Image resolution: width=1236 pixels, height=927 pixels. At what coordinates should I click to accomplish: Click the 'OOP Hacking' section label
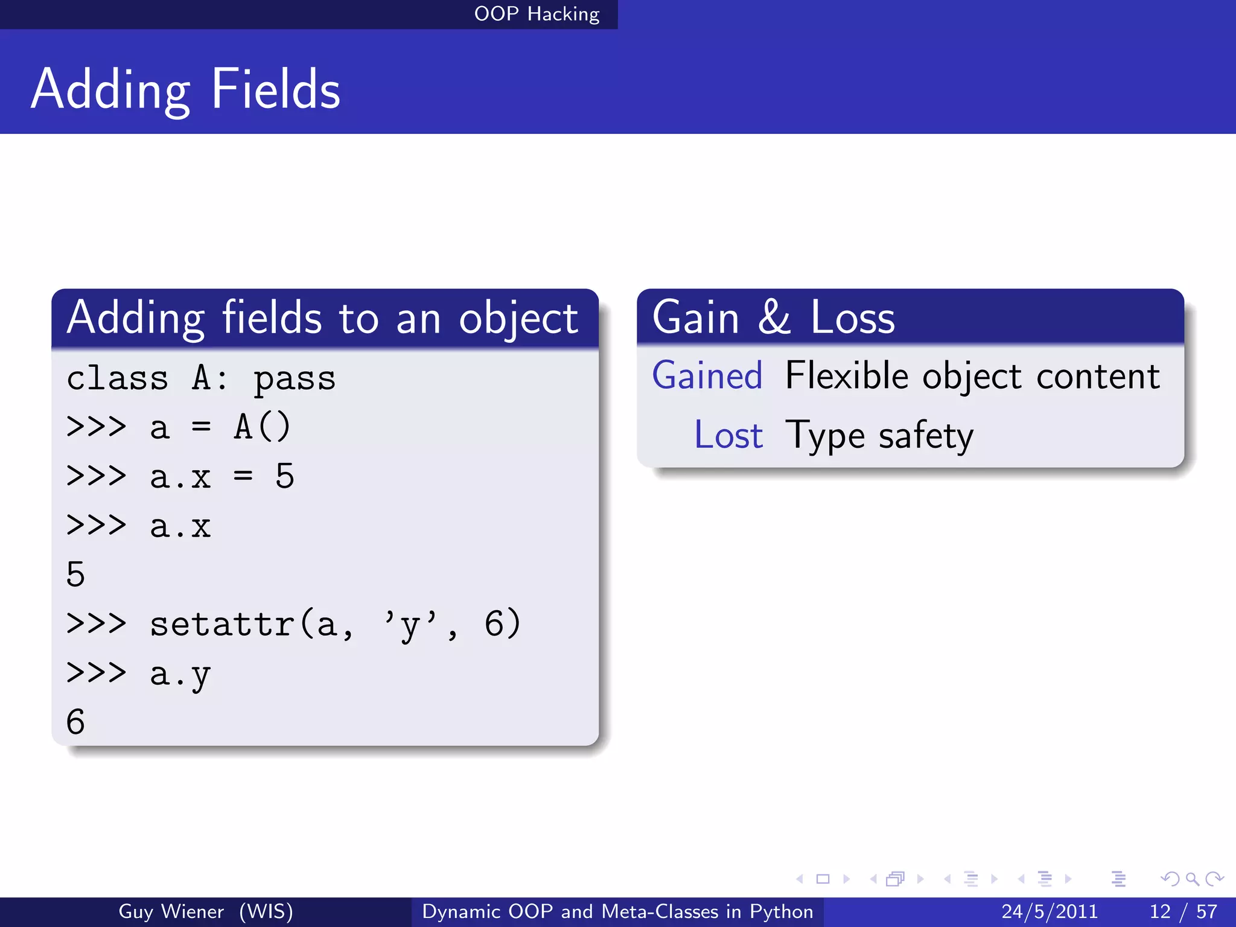pyautogui.click(x=537, y=14)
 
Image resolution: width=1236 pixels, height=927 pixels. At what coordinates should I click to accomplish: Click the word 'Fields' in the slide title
pyautogui.click(x=276, y=89)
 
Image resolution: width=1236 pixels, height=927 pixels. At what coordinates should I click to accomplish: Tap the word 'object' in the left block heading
pyautogui.click(x=518, y=319)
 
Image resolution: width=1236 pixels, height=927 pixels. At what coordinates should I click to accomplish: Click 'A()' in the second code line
pyautogui.click(x=263, y=427)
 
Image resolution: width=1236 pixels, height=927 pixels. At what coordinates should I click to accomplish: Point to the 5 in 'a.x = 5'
pyautogui.click(x=284, y=476)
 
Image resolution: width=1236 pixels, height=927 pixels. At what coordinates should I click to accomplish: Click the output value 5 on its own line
pyautogui.click(x=75, y=574)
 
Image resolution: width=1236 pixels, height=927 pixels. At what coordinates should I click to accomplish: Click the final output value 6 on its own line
pyautogui.click(x=75, y=722)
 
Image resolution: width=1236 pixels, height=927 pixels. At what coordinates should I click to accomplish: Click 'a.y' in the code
pyautogui.click(x=180, y=674)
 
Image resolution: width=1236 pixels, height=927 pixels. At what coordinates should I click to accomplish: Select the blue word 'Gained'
pyautogui.click(x=707, y=376)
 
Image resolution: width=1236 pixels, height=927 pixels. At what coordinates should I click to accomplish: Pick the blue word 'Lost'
pyautogui.click(x=728, y=435)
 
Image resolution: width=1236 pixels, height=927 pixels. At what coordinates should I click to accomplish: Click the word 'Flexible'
pyautogui.click(x=847, y=376)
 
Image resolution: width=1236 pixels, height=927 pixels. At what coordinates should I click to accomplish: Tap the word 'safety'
pyautogui.click(x=926, y=436)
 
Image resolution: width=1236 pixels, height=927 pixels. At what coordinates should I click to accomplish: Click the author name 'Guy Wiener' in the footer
pyautogui.click(x=171, y=911)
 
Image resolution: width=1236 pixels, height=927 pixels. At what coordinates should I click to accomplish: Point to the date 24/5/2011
pyautogui.click(x=1050, y=911)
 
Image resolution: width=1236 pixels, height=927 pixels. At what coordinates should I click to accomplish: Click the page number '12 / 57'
pyautogui.click(x=1183, y=911)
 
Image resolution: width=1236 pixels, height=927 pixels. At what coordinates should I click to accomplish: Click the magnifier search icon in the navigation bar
pyautogui.click(x=1192, y=879)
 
